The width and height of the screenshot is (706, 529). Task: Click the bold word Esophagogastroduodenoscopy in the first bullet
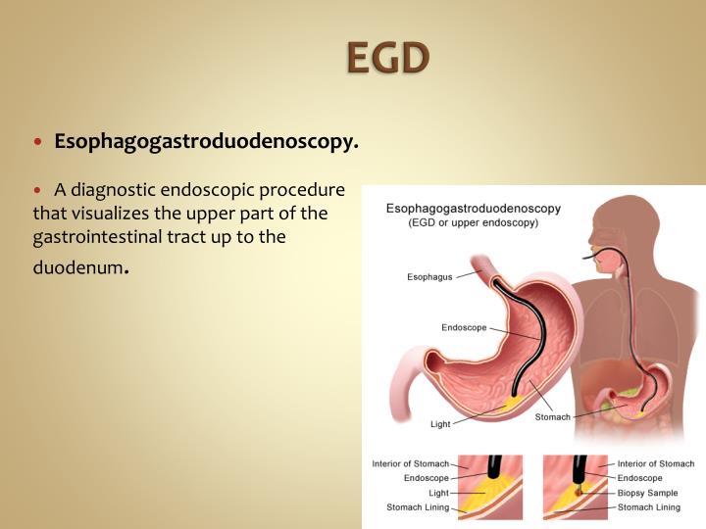coord(206,142)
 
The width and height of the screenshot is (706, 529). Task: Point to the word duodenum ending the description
coord(77,265)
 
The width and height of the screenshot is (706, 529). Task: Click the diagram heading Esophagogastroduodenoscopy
coord(474,208)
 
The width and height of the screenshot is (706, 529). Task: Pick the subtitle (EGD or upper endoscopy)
coord(474,223)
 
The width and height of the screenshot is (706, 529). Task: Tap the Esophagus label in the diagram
coord(429,277)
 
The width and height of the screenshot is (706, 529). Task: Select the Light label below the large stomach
coord(440,424)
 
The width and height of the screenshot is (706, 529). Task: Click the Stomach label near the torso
coord(551,416)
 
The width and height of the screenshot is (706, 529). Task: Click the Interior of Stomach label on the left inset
coord(410,463)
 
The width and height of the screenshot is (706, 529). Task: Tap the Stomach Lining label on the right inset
coord(648,507)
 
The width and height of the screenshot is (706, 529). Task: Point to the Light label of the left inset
coord(431,493)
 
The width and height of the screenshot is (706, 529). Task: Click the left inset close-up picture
coord(488,485)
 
